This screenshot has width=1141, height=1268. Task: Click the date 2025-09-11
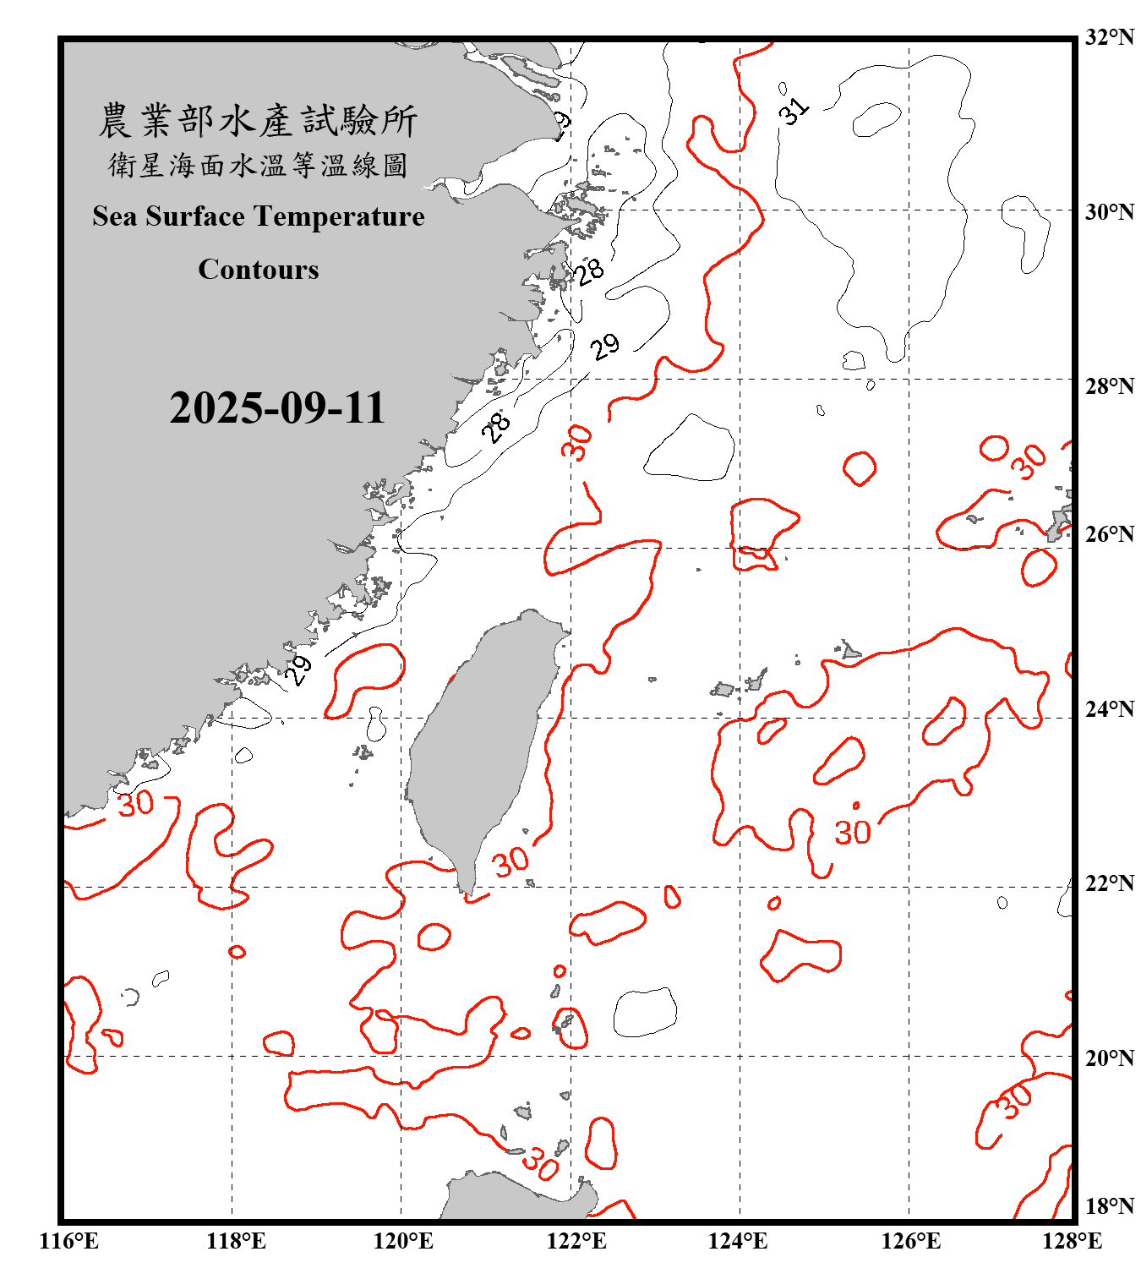(x=277, y=408)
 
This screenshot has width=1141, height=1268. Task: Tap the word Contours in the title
(x=259, y=270)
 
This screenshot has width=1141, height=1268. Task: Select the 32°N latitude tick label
(x=1110, y=37)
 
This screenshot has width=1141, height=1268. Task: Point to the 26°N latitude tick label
(x=1110, y=534)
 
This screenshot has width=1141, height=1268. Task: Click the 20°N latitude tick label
(x=1110, y=1058)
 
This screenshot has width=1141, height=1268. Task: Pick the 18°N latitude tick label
(x=1110, y=1205)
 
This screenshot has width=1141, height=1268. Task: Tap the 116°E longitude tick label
(x=69, y=1241)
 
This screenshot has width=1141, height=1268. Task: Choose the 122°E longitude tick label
(x=576, y=1241)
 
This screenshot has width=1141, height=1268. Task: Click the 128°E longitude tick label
(x=1073, y=1241)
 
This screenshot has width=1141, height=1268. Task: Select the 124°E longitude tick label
(x=738, y=1241)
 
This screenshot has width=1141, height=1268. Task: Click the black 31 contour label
(x=794, y=110)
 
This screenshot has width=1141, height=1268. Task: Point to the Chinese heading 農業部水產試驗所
(x=259, y=121)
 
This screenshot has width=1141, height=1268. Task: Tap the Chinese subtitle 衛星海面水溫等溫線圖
(x=259, y=166)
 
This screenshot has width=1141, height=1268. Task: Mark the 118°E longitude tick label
(x=236, y=1241)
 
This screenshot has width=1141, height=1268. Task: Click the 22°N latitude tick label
(x=1110, y=883)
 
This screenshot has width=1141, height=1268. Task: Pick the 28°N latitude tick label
(x=1110, y=386)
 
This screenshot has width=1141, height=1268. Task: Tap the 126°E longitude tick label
(x=911, y=1241)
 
